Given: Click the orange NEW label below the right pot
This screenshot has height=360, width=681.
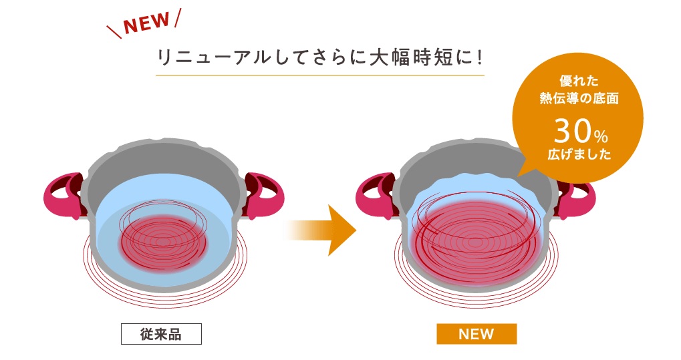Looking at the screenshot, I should (x=476, y=333).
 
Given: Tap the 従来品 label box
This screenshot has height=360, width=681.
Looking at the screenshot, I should (x=160, y=333).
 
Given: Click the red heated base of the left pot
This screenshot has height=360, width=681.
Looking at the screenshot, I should (x=162, y=236).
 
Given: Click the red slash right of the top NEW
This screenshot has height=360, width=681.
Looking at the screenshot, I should (x=177, y=19).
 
